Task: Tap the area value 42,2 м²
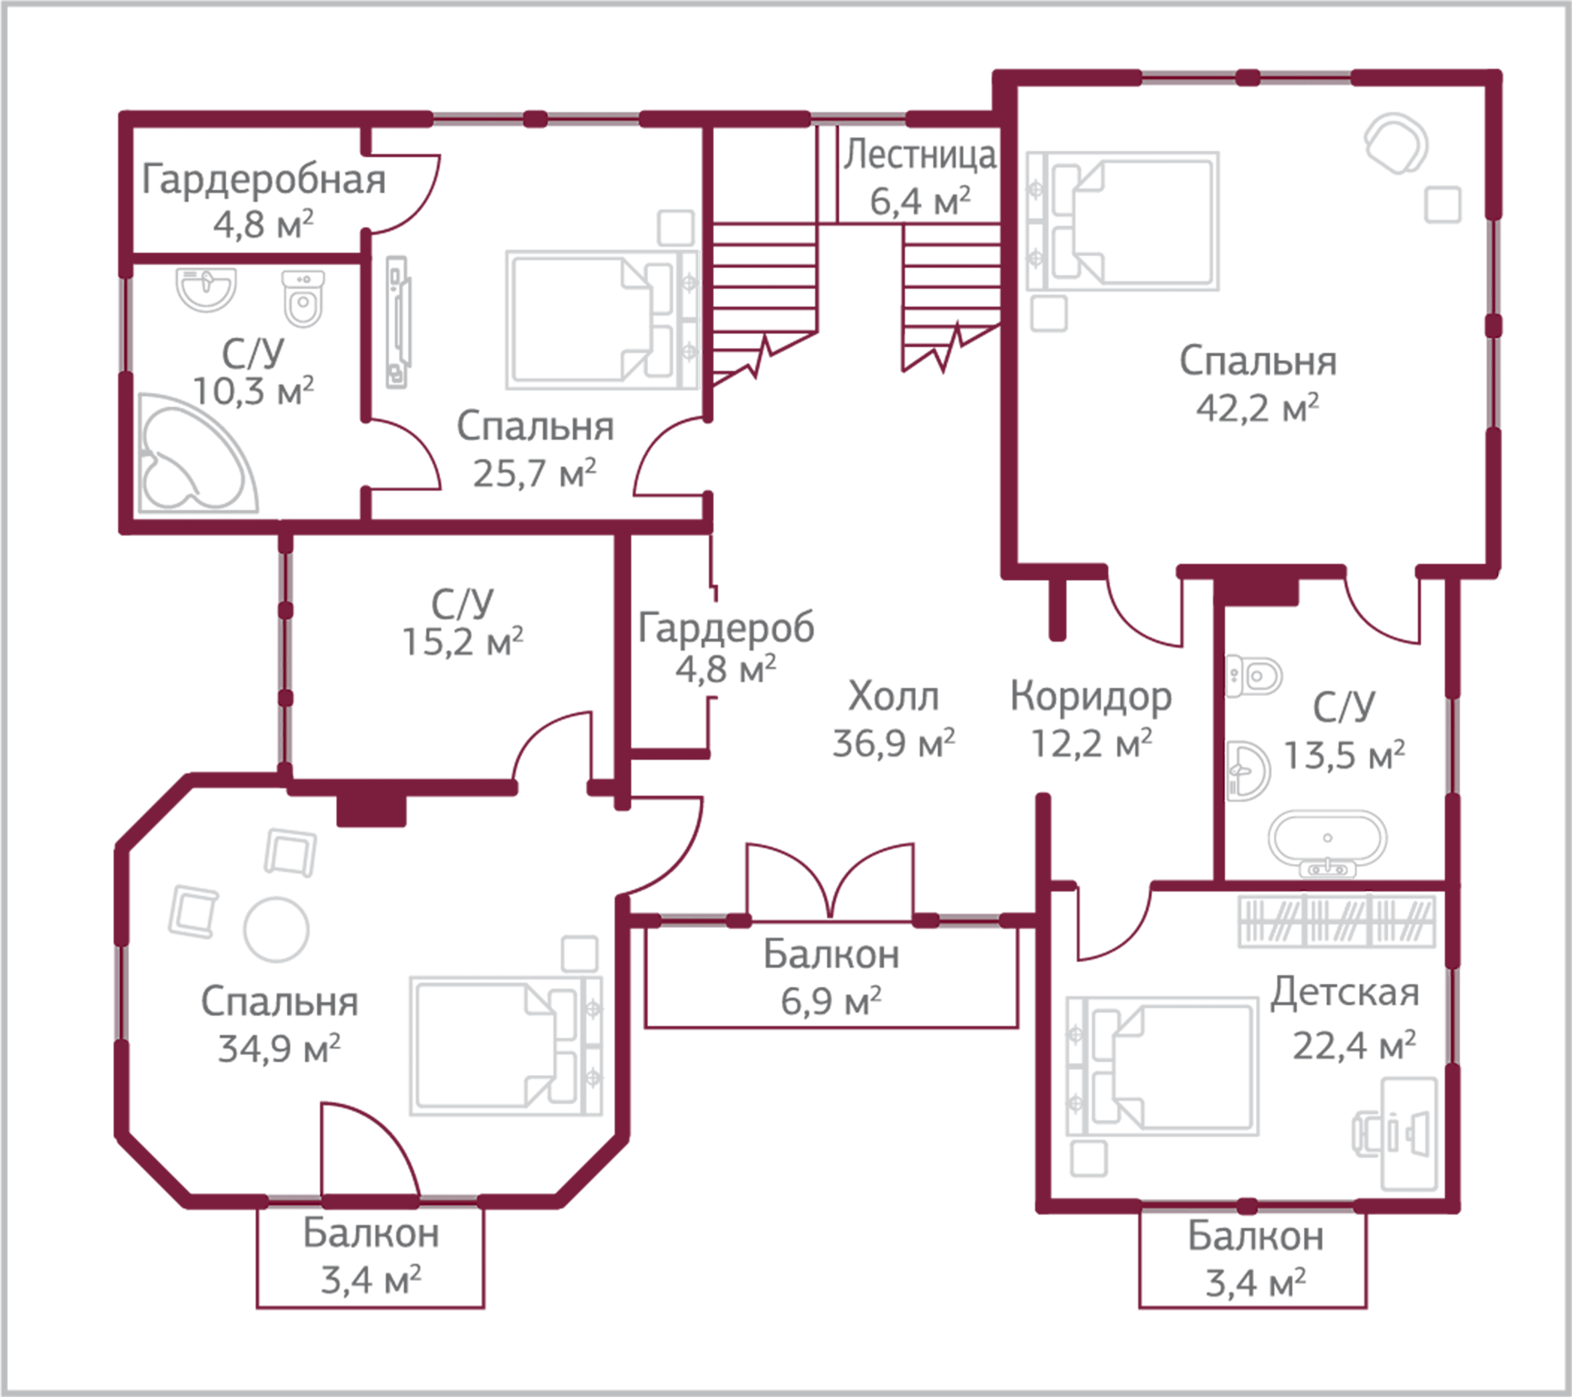pyautogui.click(x=1258, y=407)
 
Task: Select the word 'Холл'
pyautogui.click(x=893, y=698)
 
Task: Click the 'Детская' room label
pyautogui.click(x=1343, y=993)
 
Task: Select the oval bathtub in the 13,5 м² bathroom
pyautogui.click(x=1327, y=838)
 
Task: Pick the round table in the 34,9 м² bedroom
pyautogui.click(x=276, y=929)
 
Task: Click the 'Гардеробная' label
pyautogui.click(x=263, y=180)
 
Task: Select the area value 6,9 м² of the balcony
pyautogui.click(x=831, y=1002)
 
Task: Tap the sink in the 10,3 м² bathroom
pyautogui.click(x=206, y=288)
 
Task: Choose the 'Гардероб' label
pyautogui.click(x=726, y=628)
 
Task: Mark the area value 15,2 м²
pyautogui.click(x=463, y=642)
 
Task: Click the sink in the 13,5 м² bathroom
pyautogui.click(x=1246, y=770)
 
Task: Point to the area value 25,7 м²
pyautogui.click(x=534, y=473)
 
